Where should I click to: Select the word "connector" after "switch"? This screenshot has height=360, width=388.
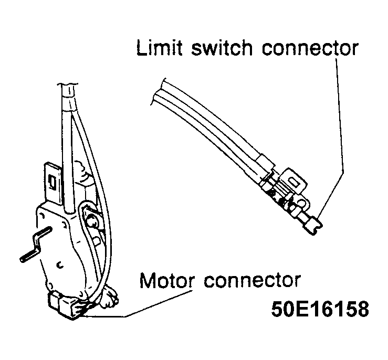[310, 48]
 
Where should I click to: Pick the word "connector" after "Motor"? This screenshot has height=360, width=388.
[253, 281]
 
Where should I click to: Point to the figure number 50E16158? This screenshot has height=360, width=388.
[320, 309]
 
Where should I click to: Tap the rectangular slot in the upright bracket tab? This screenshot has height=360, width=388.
[53, 182]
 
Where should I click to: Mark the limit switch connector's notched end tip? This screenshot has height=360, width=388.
[316, 226]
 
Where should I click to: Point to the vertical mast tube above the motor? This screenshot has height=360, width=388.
[67, 149]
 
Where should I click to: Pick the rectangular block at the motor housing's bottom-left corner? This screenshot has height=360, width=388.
[55, 302]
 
